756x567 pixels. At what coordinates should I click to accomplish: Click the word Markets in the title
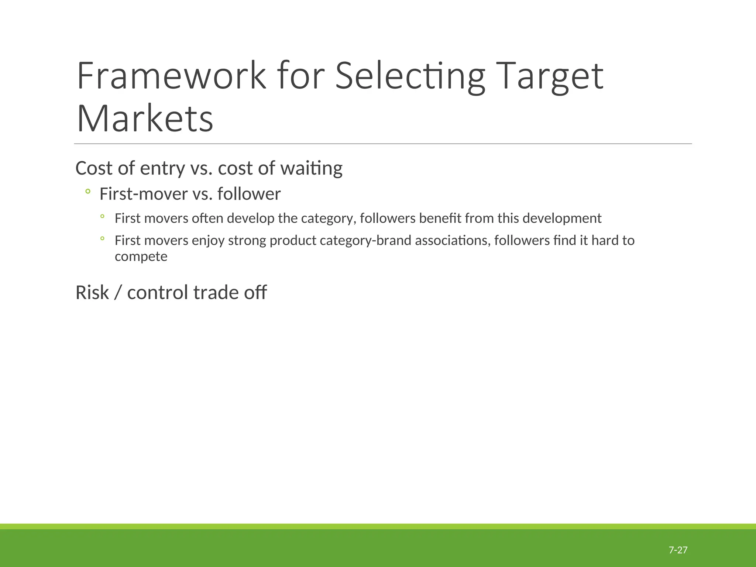[145, 119]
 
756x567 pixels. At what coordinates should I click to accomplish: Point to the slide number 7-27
[678, 550]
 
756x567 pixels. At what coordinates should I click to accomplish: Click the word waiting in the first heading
[311, 168]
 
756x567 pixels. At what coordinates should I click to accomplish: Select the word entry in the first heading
[162, 168]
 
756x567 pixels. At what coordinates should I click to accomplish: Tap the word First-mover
[144, 194]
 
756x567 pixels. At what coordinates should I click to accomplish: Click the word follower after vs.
[249, 194]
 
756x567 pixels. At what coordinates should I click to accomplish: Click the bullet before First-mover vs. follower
[87, 191]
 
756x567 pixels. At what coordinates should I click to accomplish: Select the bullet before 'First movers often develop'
[102, 216]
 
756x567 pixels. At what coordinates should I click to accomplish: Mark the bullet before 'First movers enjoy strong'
[102, 238]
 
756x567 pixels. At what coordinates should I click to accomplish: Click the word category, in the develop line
[329, 219]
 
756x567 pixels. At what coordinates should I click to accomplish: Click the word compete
[141, 257]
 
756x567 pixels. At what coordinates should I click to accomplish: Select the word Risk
[92, 293]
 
